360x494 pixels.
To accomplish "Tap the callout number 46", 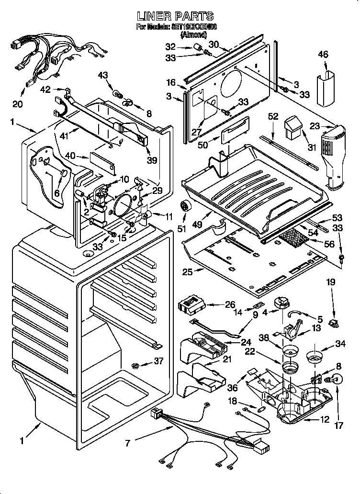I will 323,55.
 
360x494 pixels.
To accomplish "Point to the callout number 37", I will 157,361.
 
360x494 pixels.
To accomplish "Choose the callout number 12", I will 325,420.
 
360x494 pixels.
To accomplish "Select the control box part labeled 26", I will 191,303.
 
